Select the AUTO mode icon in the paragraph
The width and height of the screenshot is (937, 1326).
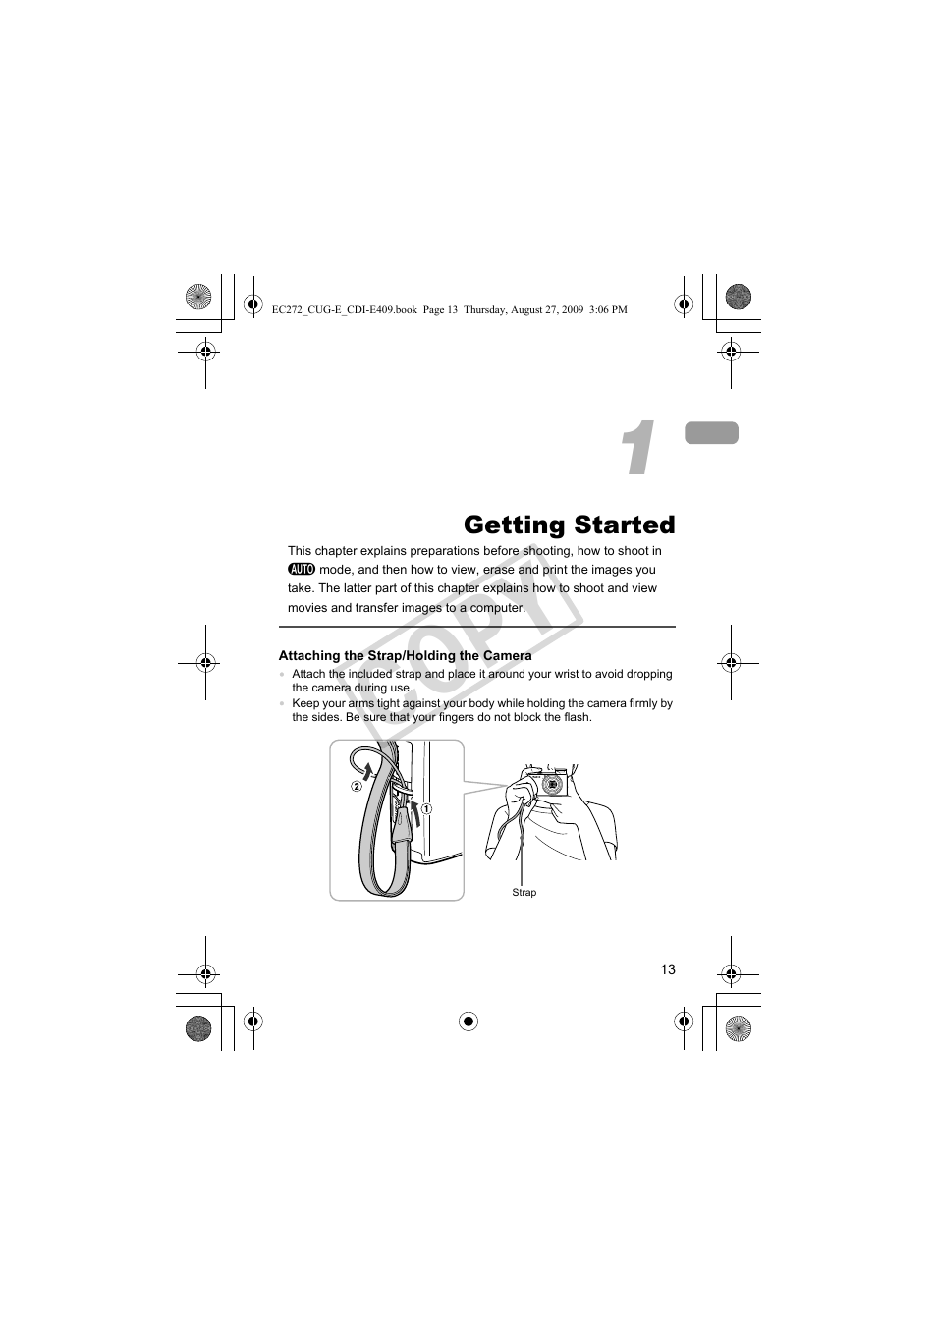pyautogui.click(x=301, y=570)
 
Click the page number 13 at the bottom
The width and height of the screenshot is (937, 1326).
pyautogui.click(x=668, y=969)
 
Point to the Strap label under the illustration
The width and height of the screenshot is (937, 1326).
pyautogui.click(x=524, y=893)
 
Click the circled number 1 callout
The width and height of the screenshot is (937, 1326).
pyautogui.click(x=428, y=808)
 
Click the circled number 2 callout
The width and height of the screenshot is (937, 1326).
pyautogui.click(x=357, y=786)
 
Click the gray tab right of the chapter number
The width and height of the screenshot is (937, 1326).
pyautogui.click(x=712, y=433)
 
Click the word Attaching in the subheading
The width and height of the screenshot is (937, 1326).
pyautogui.click(x=309, y=655)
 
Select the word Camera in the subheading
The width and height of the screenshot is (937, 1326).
pyautogui.click(x=507, y=655)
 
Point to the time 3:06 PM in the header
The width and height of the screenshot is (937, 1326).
pyautogui.click(x=606, y=309)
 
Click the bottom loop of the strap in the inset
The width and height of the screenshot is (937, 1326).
pyautogui.click(x=386, y=884)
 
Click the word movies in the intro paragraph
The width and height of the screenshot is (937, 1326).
pyautogui.click(x=306, y=608)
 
